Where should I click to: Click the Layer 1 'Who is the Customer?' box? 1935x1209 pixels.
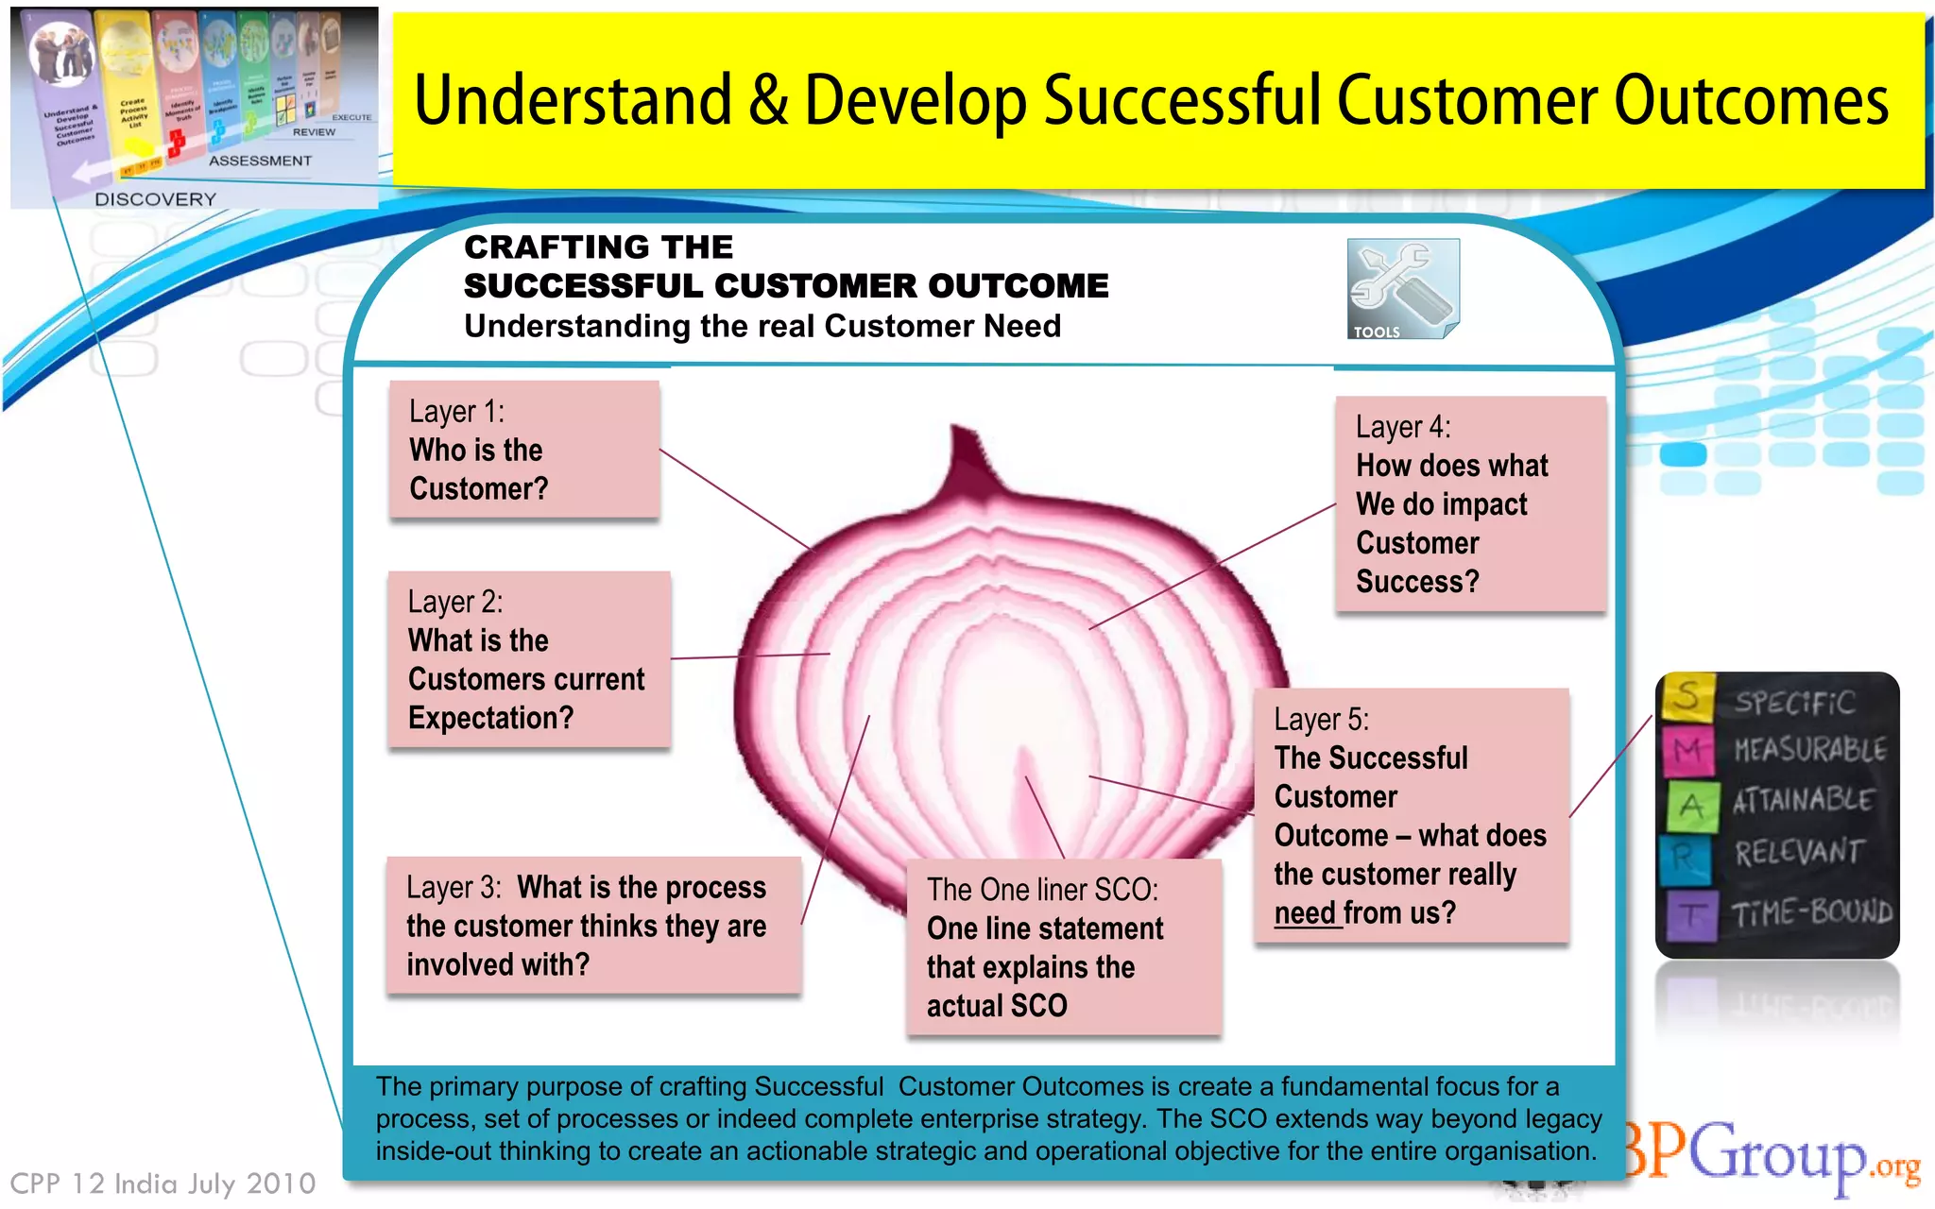click(523, 450)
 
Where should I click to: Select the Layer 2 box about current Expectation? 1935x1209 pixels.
click(528, 660)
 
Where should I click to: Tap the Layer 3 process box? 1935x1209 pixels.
click(592, 926)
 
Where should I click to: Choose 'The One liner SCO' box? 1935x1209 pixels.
click(1063, 947)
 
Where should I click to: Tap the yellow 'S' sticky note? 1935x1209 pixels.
click(1687, 697)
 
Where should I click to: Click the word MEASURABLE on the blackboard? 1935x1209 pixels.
click(1808, 750)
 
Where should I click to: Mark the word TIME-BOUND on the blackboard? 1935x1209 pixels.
click(1810, 912)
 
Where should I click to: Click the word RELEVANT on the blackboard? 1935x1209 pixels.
click(1798, 853)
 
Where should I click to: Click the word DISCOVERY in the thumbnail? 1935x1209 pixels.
click(155, 199)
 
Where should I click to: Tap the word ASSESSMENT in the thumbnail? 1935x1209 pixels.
click(260, 161)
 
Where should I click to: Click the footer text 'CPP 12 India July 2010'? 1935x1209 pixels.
click(163, 1183)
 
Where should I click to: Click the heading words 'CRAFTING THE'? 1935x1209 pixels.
click(598, 247)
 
